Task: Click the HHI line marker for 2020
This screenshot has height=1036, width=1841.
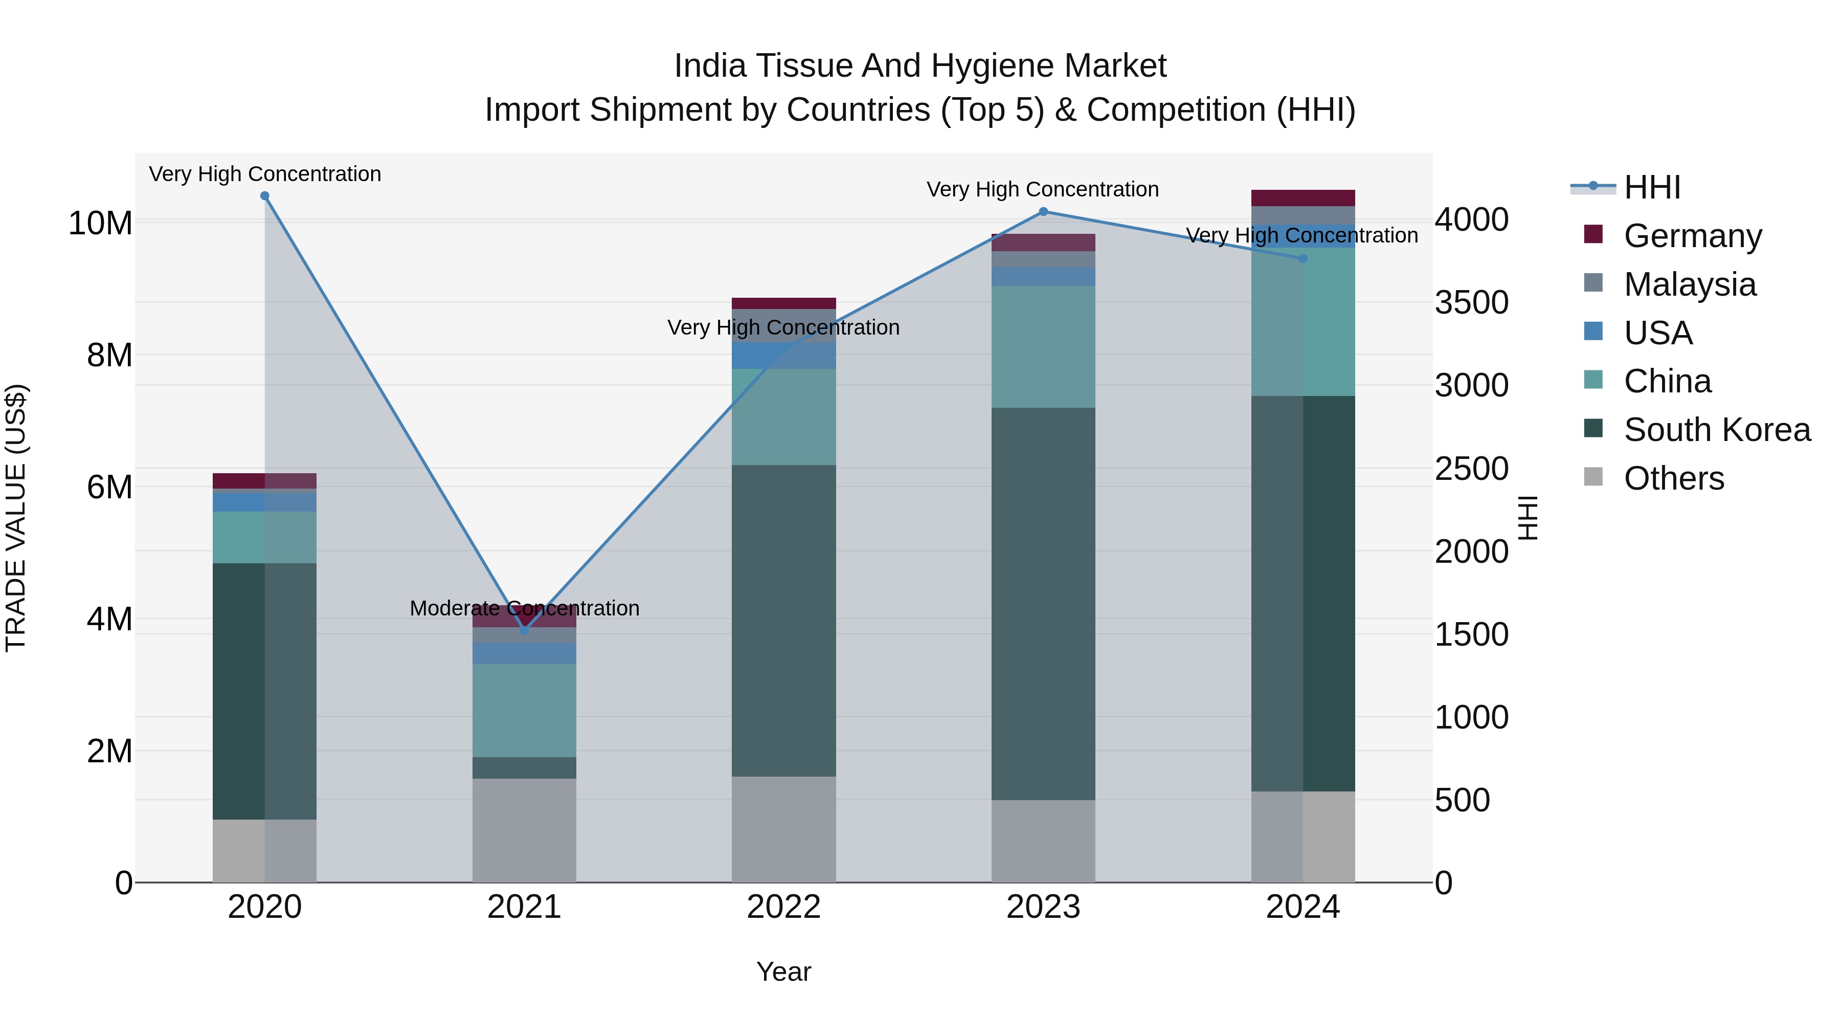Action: click(x=264, y=196)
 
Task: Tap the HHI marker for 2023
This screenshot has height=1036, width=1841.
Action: click(x=1043, y=212)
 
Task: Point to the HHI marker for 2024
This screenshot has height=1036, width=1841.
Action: click(x=1303, y=259)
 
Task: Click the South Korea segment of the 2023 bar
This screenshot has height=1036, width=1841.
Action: click(x=1043, y=604)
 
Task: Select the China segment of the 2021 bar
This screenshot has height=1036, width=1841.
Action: click(x=525, y=711)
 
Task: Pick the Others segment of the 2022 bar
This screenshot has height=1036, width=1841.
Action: click(x=784, y=829)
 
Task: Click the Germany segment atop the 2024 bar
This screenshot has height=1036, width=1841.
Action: click(x=1303, y=198)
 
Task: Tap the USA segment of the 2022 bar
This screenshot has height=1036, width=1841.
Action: click(x=784, y=356)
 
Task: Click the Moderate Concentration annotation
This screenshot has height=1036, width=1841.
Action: click(x=525, y=608)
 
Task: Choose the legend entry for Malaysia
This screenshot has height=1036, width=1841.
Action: click(x=1690, y=284)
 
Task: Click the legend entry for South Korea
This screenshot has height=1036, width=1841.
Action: click(x=1717, y=430)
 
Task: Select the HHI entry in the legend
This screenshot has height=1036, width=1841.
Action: click(x=1652, y=187)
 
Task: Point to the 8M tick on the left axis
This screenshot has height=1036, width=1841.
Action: click(x=109, y=356)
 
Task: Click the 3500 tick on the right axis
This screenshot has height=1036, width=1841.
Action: click(x=1471, y=302)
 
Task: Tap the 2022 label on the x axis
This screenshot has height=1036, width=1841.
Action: click(x=784, y=907)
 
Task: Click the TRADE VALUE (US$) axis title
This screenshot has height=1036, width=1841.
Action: click(x=16, y=518)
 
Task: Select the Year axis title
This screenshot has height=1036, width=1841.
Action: click(x=784, y=972)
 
